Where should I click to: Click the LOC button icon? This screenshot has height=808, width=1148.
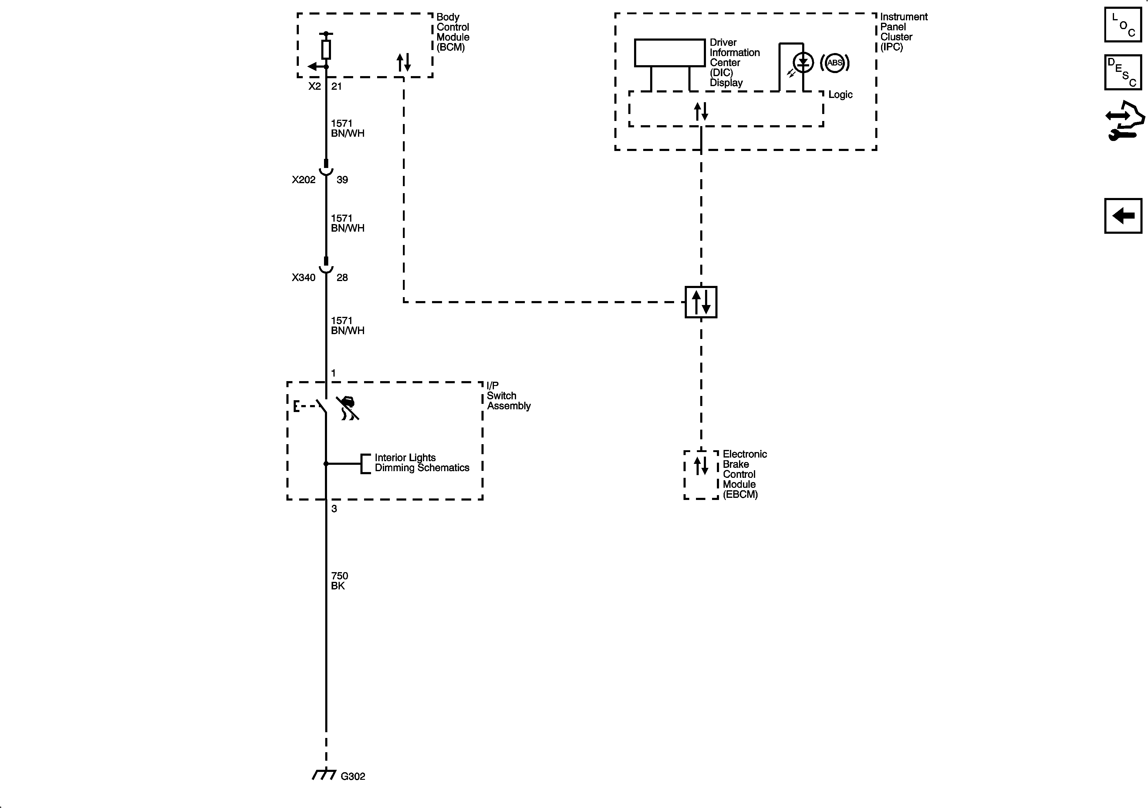[x=1123, y=25]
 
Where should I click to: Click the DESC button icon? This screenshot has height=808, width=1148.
[x=1123, y=72]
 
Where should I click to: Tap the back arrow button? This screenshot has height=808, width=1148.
[x=1123, y=216]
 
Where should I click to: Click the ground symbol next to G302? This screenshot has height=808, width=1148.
[x=323, y=775]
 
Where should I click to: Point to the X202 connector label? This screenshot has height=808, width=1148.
[x=303, y=180]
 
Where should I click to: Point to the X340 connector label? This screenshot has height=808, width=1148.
[x=303, y=277]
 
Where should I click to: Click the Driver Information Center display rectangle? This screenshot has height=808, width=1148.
[x=670, y=52]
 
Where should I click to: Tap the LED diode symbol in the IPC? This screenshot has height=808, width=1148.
[x=803, y=62]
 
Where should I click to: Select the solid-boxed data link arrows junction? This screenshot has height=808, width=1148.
[x=701, y=302]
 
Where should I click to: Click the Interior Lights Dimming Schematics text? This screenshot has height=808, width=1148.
[x=421, y=463]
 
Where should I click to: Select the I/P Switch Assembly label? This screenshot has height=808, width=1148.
[x=508, y=396]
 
